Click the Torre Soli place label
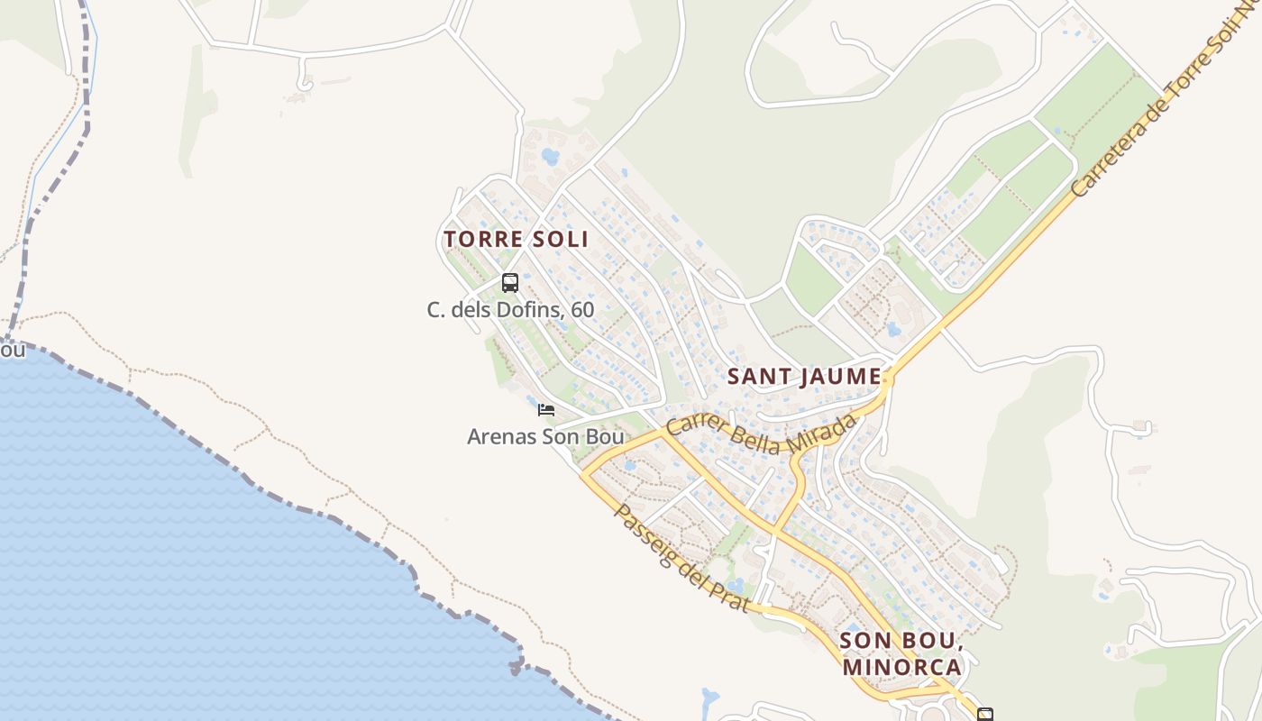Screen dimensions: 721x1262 tap(516, 239)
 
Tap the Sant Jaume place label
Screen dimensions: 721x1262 tap(804, 376)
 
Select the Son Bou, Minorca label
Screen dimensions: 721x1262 tap(901, 654)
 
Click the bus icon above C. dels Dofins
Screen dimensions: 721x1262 tap(510, 283)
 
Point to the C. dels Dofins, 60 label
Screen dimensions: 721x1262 tap(510, 310)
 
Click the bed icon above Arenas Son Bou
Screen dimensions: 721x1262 tap(545, 410)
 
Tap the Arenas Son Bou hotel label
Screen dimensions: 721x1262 tap(545, 437)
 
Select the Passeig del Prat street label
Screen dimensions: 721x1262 tap(681, 558)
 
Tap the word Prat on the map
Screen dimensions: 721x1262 tap(729, 595)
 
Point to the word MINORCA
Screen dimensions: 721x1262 tap(902, 668)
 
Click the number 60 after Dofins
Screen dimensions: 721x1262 tap(582, 310)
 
